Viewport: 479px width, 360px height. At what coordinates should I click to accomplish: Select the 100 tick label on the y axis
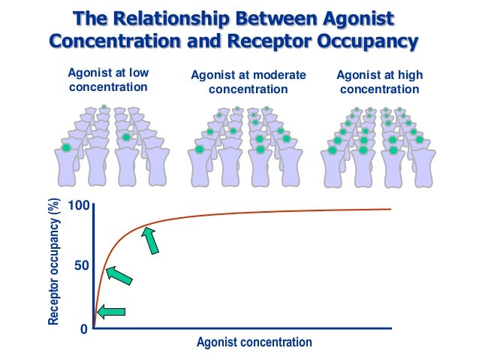(x=80, y=206)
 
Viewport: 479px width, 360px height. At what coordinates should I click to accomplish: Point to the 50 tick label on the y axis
(x=82, y=266)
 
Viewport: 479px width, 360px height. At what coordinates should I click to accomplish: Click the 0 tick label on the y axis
(x=85, y=328)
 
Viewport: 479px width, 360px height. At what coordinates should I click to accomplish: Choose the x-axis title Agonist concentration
(x=254, y=343)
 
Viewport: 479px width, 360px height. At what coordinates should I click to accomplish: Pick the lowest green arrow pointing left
(x=111, y=311)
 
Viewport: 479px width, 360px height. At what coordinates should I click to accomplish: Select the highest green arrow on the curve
(x=152, y=241)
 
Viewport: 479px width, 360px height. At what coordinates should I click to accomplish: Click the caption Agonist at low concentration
(x=108, y=80)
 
